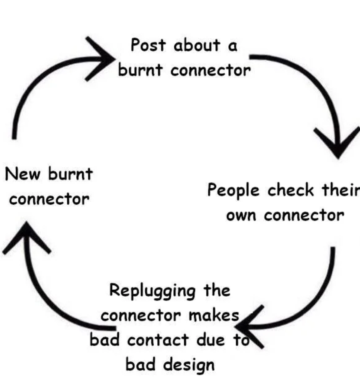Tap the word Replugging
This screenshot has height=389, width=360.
click(153, 291)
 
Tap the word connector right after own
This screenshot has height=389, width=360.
click(304, 215)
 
